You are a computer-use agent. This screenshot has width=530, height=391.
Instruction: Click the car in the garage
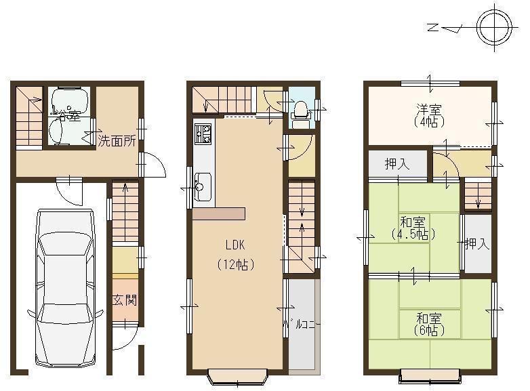pyautogui.click(x=64, y=288)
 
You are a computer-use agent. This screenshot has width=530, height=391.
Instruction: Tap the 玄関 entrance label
pyautogui.click(x=125, y=299)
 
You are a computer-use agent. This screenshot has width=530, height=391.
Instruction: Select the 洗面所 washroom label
pyautogui.click(x=117, y=142)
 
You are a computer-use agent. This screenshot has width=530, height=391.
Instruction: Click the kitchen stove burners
pyautogui.click(x=203, y=133)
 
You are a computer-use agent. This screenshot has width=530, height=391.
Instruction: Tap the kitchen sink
pyautogui.click(x=203, y=182)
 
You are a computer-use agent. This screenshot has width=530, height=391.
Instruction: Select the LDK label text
pyautogui.click(x=235, y=245)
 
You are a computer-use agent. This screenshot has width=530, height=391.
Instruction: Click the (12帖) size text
pyautogui.click(x=235, y=264)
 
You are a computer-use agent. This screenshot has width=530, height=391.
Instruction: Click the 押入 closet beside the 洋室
pyautogui.click(x=397, y=163)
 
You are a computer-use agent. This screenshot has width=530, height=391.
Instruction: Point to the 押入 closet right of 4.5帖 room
pyautogui.click(x=476, y=244)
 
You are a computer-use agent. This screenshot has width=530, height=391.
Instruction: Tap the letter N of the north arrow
pyautogui.click(x=432, y=28)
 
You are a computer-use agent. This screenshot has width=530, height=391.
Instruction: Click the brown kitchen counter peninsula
pyautogui.click(x=218, y=213)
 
